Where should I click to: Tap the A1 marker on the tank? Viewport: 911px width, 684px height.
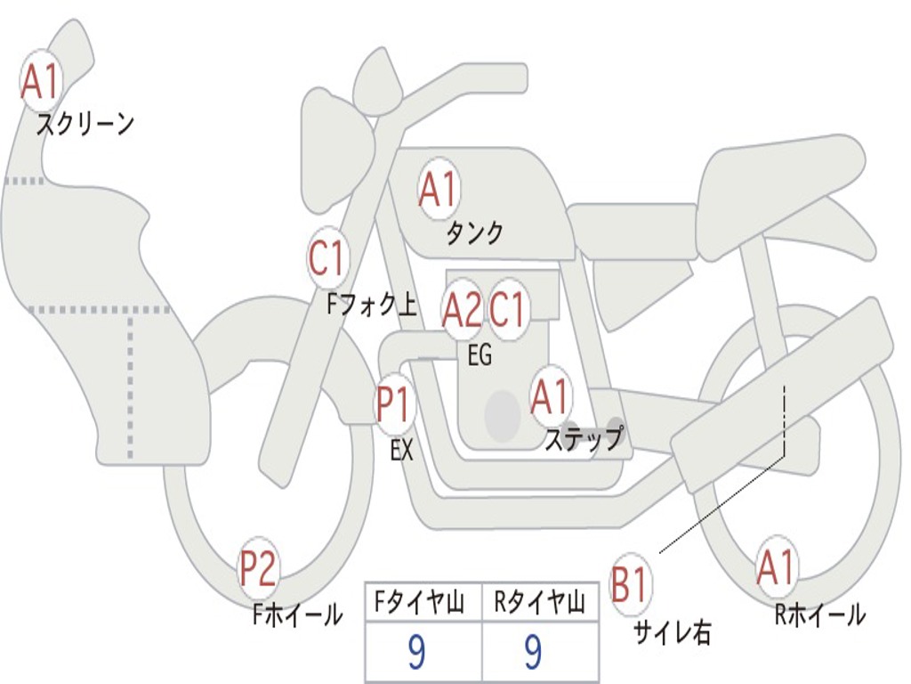pyautogui.click(x=438, y=189)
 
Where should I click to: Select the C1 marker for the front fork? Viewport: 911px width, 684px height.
pyautogui.click(x=327, y=257)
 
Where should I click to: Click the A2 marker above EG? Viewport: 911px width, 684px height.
pyautogui.click(x=462, y=309)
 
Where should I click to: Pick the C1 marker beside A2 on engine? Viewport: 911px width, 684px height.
pyautogui.click(x=507, y=309)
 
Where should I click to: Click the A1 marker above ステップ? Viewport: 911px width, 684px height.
pyautogui.click(x=550, y=396)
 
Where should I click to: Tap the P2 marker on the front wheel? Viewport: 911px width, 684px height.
pyautogui.click(x=258, y=567)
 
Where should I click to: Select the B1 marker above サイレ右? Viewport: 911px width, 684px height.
pyautogui.click(x=629, y=582)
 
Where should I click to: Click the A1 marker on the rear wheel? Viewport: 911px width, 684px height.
pyautogui.click(x=776, y=566)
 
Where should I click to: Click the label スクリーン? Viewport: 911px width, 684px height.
pyautogui.click(x=85, y=124)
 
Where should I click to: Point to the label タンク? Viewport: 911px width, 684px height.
pyautogui.click(x=474, y=232)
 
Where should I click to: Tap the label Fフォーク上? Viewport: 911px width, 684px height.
pyautogui.click(x=372, y=303)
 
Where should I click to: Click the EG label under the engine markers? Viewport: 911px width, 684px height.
pyautogui.click(x=480, y=354)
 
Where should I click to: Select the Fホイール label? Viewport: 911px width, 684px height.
pyautogui.click(x=297, y=615)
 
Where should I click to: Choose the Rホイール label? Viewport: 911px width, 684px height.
pyautogui.click(x=820, y=615)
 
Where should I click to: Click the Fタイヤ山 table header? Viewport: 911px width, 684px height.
pyautogui.click(x=419, y=602)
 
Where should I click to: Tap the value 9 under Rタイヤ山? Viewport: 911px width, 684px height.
pyautogui.click(x=533, y=651)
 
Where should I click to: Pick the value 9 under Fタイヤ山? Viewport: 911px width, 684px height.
pyautogui.click(x=416, y=651)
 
